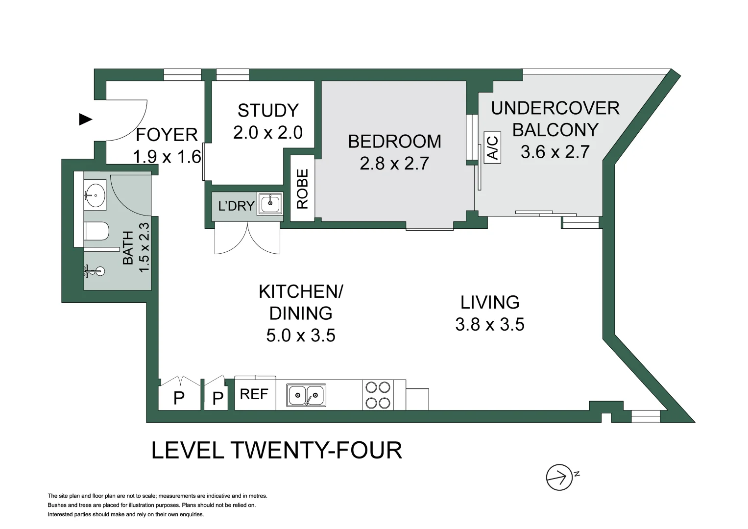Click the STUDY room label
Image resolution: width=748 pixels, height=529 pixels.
pyautogui.click(x=268, y=111)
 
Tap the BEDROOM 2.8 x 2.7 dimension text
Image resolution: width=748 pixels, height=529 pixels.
pyautogui.click(x=394, y=164)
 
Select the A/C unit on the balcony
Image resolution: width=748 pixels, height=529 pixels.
pyautogui.click(x=493, y=147)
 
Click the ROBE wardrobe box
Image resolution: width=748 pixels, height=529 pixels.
pyautogui.click(x=302, y=188)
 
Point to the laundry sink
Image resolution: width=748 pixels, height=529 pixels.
pyautogui.click(x=270, y=204)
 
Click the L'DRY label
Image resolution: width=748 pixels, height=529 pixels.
pyautogui.click(x=236, y=206)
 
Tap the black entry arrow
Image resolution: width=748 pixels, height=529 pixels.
pyautogui.click(x=86, y=119)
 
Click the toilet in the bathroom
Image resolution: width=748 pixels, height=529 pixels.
pyautogui.click(x=97, y=231)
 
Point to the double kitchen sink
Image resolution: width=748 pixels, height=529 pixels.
pyautogui.click(x=306, y=395)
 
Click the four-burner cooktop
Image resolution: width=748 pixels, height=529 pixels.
pyautogui.click(x=378, y=395)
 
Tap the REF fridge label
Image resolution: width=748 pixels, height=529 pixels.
pyautogui.click(x=254, y=394)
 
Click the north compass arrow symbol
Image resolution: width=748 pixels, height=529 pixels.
pyautogui.click(x=560, y=477)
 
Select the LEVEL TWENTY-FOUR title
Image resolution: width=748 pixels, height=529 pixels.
pyautogui.click(x=276, y=450)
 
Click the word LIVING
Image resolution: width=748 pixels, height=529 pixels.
pyautogui.click(x=489, y=303)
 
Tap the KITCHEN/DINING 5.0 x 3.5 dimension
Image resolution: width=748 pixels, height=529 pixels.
pyautogui.click(x=301, y=336)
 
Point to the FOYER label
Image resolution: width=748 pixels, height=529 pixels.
pyautogui.click(x=167, y=135)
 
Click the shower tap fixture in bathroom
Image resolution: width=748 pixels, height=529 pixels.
pyautogui.click(x=95, y=271)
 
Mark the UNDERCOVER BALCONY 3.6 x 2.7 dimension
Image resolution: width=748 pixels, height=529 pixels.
pyautogui.click(x=555, y=152)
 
